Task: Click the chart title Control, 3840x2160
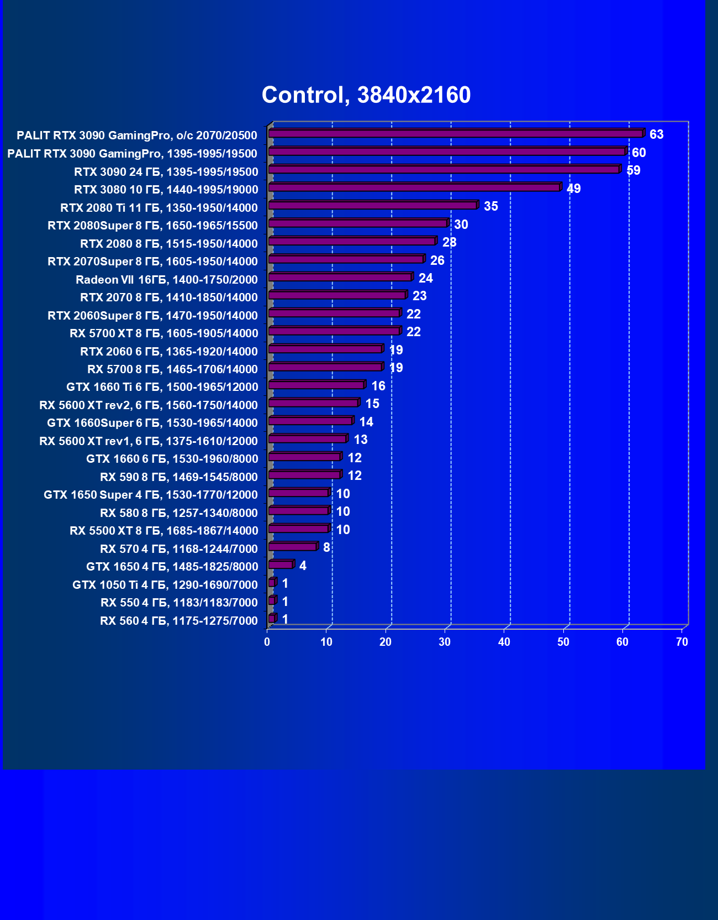click(366, 95)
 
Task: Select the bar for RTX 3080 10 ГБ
click(414, 187)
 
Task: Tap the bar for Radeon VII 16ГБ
click(340, 277)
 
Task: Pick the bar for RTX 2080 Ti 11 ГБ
click(373, 206)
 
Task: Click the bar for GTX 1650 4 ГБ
click(281, 564)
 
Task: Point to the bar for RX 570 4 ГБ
click(293, 547)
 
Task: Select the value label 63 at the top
click(656, 134)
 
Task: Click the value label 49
click(573, 189)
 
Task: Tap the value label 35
click(490, 206)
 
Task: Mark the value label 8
click(326, 547)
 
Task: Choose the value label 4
click(303, 566)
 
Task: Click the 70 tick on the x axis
click(682, 642)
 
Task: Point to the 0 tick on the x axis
click(267, 642)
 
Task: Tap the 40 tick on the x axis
click(504, 642)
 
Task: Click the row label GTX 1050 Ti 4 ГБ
click(165, 584)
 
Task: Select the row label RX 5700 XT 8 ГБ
click(164, 333)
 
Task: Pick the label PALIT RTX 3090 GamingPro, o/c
click(137, 135)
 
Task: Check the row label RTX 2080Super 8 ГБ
click(153, 226)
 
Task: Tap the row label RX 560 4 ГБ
click(179, 620)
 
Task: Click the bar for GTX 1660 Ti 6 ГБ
click(316, 385)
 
